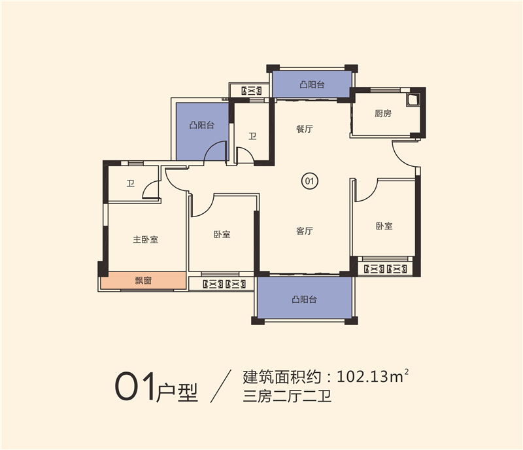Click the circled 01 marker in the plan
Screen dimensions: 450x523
[310, 181]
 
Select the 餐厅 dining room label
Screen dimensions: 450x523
[305, 130]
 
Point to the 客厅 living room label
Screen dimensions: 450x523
[305, 231]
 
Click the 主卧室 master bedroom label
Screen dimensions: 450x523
[146, 239]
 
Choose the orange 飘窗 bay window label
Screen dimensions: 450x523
[143, 281]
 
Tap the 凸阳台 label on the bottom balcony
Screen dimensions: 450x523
[305, 300]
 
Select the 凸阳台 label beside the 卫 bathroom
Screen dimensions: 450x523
[202, 125]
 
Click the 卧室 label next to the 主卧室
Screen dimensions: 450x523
[222, 234]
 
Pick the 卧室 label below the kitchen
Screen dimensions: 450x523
[384, 226]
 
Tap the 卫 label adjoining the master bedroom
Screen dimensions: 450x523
[131, 184]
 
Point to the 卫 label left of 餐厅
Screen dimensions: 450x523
[252, 137]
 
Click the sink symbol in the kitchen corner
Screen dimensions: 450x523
[413, 100]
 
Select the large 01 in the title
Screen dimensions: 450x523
[135, 388]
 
